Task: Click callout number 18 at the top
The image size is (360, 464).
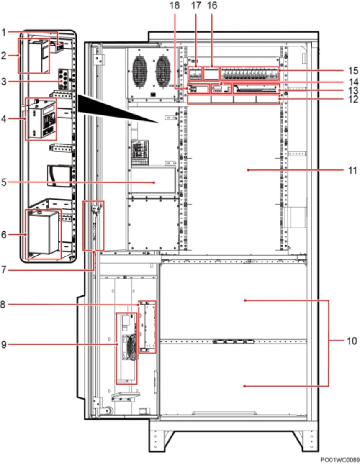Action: [x=175, y=5]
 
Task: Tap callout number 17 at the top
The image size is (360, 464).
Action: [x=196, y=5]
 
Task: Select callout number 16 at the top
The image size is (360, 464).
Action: [x=212, y=5]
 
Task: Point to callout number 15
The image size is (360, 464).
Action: [x=353, y=71]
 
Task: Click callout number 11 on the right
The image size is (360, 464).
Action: [x=352, y=170]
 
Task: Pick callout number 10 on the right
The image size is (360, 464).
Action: [x=352, y=341]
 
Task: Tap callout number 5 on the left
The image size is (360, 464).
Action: [x=4, y=182]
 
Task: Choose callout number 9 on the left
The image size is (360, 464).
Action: [x=4, y=344]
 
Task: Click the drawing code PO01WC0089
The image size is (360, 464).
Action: [x=340, y=460]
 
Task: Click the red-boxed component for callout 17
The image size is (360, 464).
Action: [x=195, y=74]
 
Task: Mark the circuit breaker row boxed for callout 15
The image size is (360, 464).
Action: [x=249, y=74]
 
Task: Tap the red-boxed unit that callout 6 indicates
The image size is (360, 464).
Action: [x=44, y=234]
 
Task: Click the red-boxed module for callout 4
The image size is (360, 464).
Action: [x=41, y=119]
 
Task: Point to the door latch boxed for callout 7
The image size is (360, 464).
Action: [x=93, y=226]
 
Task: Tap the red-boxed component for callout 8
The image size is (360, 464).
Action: [x=147, y=327]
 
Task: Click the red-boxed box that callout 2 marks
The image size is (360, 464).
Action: [x=34, y=56]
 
